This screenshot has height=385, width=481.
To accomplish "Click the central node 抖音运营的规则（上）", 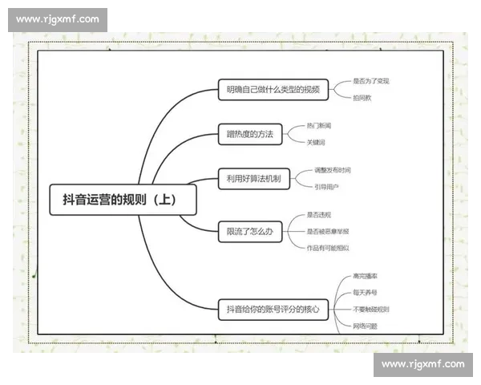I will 123,200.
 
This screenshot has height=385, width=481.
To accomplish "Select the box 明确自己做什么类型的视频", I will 273,90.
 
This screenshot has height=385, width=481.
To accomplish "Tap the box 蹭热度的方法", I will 250,134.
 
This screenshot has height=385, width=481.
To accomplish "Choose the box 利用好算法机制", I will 253,178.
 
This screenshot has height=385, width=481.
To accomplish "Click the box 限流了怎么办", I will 250,232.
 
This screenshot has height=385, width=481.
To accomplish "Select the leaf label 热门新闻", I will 318,126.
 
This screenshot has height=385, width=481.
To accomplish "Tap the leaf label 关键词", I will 316,142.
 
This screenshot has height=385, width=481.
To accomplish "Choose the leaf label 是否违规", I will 318,215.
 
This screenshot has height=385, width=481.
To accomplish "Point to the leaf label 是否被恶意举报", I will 327,231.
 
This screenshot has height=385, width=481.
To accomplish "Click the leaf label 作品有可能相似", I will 327,248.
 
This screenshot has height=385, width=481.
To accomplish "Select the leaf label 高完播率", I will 366,275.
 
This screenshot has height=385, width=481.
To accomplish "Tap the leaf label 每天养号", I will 366,292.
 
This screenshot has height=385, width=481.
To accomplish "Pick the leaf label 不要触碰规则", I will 370,309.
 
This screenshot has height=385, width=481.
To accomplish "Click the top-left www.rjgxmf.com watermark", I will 58,19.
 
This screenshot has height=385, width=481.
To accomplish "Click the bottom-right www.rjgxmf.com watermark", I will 422,364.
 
